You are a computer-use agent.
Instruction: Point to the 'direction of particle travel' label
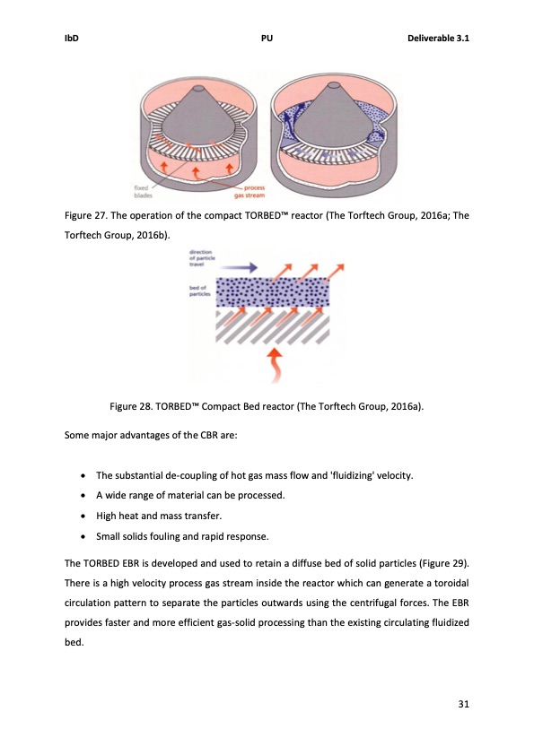pos(200,259)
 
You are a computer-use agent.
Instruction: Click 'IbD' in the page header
pos(74,39)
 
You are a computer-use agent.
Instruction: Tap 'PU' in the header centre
pos(267,39)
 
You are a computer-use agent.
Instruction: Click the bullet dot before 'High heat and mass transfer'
pos(83,516)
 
